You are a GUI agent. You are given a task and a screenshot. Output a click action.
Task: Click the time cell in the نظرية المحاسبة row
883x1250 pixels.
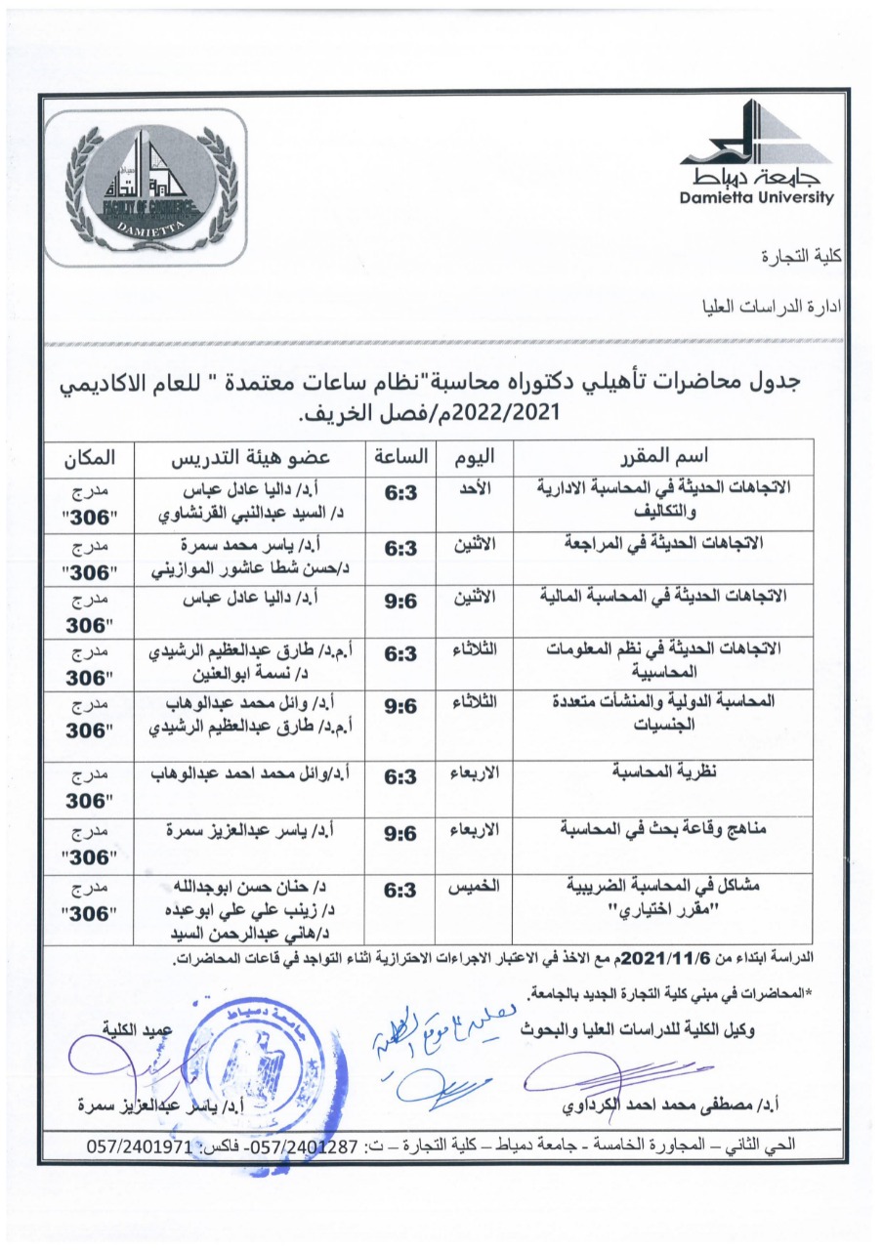(400, 777)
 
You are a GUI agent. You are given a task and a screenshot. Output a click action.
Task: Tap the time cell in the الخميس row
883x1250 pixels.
(400, 890)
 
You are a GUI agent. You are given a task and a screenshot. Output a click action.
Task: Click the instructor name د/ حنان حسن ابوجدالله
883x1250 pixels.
(254, 888)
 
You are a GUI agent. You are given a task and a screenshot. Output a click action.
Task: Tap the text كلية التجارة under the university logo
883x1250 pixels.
(800, 258)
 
